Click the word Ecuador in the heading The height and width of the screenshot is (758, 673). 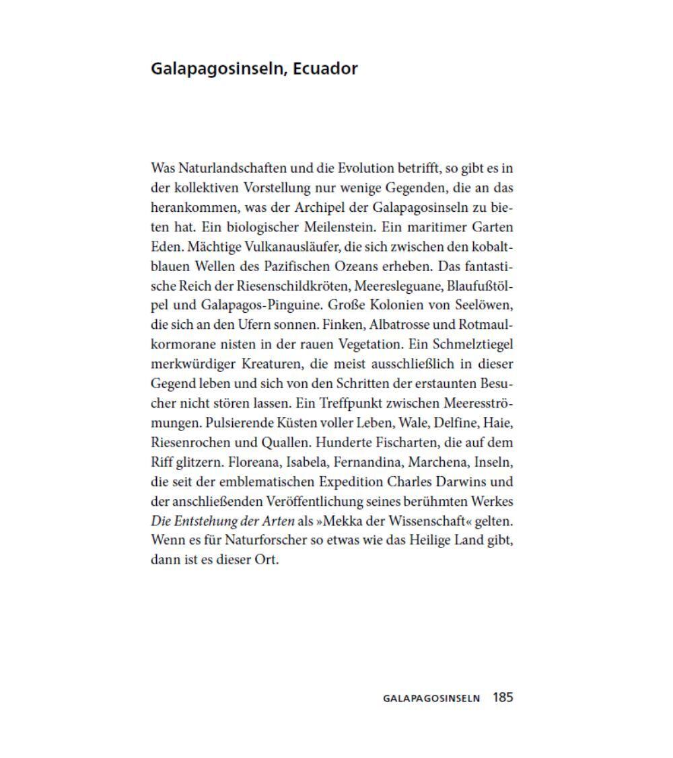coord(325,69)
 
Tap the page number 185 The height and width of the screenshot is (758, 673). coord(503,697)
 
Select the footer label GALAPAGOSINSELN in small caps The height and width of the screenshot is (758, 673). coord(431,698)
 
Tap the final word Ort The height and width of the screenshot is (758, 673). coord(264,560)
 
